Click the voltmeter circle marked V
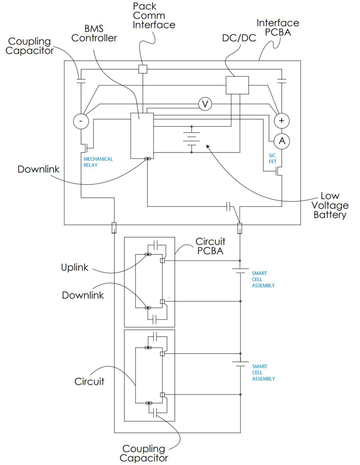coord(205,104)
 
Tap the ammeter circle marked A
coord(282,140)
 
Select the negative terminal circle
coord(81,121)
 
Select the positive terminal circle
coord(282,121)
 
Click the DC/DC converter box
coord(237,85)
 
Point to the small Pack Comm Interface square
coord(143,69)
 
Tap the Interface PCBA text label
coord(278,28)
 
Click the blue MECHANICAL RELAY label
coord(98,162)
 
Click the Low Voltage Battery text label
coord(330,206)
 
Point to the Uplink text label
coord(75,267)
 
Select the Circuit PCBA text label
coord(210,246)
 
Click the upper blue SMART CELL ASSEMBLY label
coord(263,279)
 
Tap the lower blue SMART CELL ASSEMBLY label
coord(263,372)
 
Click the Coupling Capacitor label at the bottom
coord(144,453)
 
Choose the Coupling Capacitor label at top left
coord(30,46)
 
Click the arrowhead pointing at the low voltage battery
coord(207,147)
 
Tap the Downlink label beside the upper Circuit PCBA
coord(83,295)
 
